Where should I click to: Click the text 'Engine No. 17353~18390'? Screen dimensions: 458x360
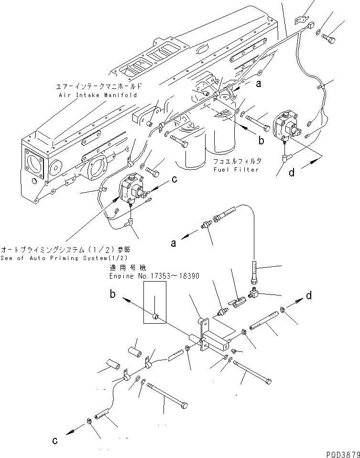coord(154,276)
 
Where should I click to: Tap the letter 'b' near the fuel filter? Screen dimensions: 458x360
coord(261,140)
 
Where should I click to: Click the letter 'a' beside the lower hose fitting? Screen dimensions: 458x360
coord(174,243)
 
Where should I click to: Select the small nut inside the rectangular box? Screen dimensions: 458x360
coord(155,316)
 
